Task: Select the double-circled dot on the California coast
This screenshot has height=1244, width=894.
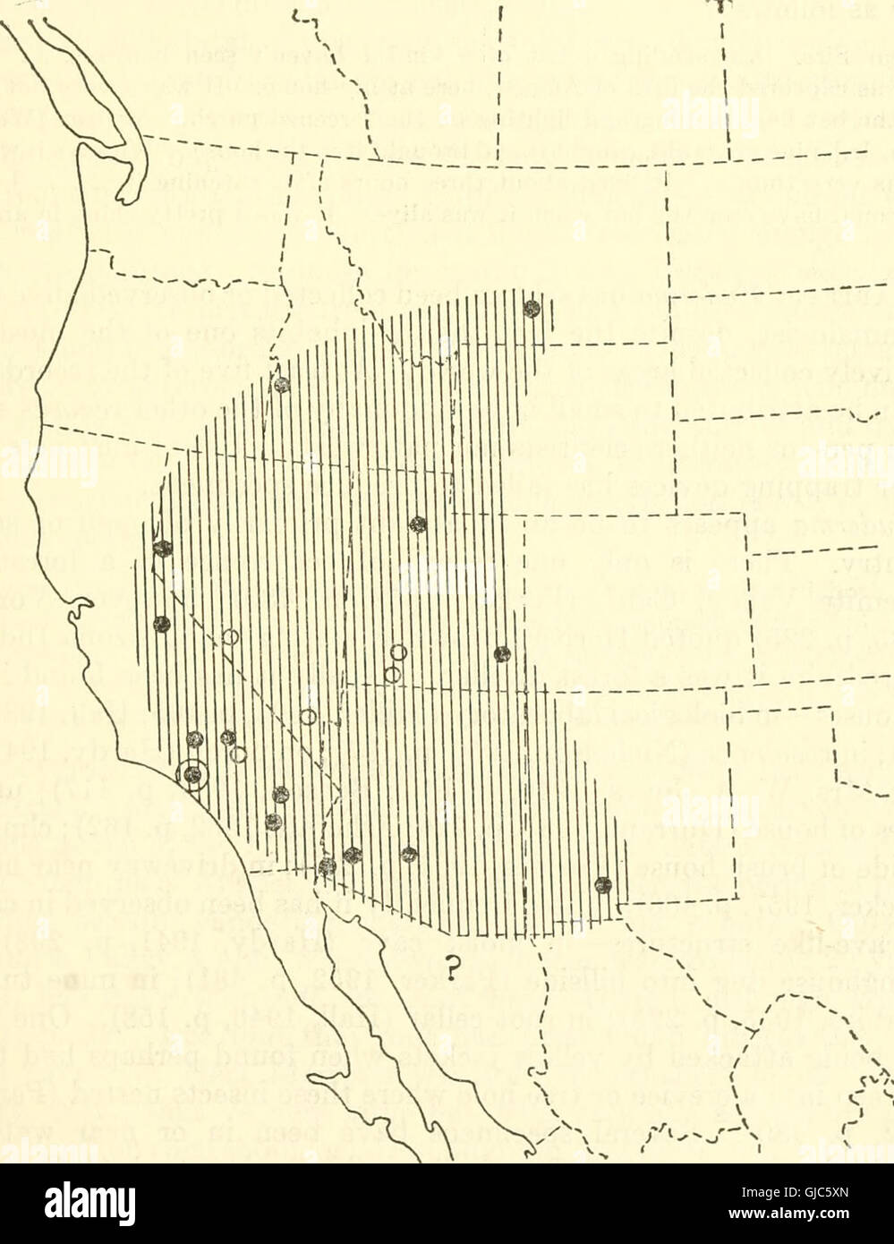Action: tap(192, 774)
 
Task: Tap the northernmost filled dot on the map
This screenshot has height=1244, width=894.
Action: tap(532, 308)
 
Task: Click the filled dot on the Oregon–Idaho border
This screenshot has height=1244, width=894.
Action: tap(282, 385)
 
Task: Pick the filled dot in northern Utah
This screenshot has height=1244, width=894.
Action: tap(416, 524)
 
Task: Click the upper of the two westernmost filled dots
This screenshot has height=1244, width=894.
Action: tap(162, 548)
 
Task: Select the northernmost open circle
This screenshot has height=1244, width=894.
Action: tap(230, 637)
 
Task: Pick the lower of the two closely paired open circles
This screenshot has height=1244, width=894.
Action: tap(391, 699)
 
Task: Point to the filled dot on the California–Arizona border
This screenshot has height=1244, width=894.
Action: tap(328, 865)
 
